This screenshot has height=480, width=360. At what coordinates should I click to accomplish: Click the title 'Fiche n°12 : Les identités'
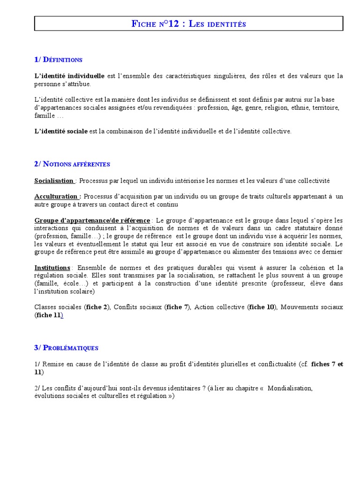pyautogui.click(x=189, y=23)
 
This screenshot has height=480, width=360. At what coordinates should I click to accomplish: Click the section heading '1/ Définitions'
pyautogui.click(x=58, y=60)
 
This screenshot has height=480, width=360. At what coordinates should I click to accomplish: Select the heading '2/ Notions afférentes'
pyautogui.click(x=72, y=164)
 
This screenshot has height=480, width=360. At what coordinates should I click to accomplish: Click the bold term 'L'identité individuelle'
pyautogui.click(x=69, y=76)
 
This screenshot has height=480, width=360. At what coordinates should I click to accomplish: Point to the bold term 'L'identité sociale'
pyautogui.click(x=61, y=131)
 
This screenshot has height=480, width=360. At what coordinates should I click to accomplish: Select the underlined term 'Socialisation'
pyautogui.click(x=54, y=180)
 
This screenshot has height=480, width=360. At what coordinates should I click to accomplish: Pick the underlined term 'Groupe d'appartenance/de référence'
pyautogui.click(x=92, y=220)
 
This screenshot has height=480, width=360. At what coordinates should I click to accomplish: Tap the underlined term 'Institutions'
pyautogui.click(x=52, y=268)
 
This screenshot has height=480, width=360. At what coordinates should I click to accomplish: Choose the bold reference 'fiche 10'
pyautogui.click(x=261, y=307)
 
